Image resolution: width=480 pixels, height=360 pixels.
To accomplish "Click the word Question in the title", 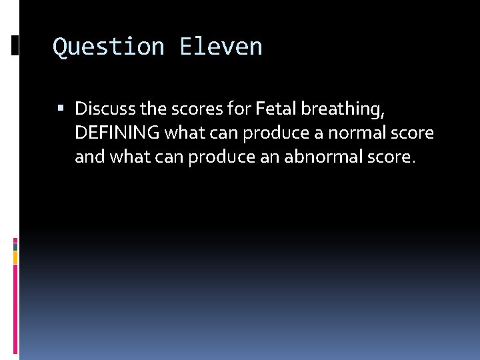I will tap(109, 47).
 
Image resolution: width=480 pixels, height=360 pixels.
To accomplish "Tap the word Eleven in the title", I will tap(221, 47).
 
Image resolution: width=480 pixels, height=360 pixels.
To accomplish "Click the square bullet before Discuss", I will tap(61, 107).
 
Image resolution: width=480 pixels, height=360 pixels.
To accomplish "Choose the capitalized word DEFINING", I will tap(117, 133).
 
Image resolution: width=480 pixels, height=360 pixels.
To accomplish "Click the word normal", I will tap(367, 133).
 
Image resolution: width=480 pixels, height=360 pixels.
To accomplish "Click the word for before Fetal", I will tap(238, 108).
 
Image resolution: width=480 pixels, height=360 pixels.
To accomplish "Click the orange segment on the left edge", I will tap(15, 257).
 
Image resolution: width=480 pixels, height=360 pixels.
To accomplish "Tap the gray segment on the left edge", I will tap(15, 245).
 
